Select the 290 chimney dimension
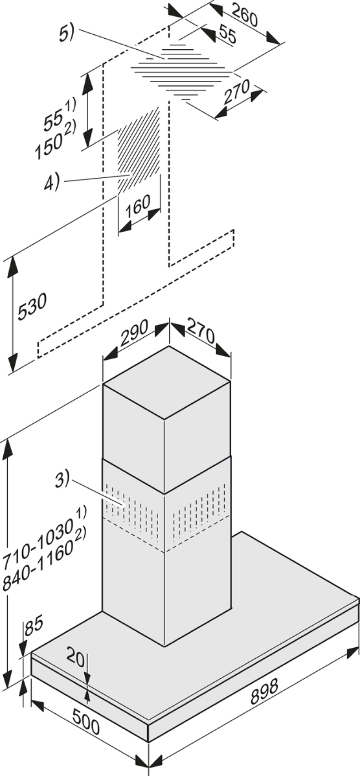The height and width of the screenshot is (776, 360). click(x=133, y=334)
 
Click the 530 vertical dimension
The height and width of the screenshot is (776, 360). click(x=32, y=307)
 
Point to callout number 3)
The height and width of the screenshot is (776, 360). click(x=62, y=480)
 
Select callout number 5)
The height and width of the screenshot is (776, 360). click(x=66, y=34)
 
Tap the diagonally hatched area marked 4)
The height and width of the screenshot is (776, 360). click(x=139, y=150)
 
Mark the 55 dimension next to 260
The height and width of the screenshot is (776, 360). click(x=227, y=35)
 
